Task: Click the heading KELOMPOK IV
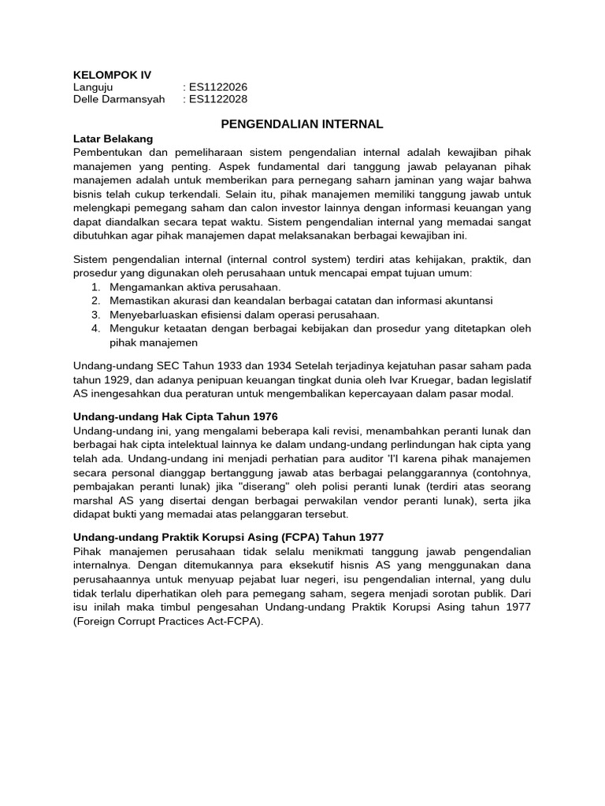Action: tap(111, 75)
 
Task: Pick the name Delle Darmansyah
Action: tap(119, 99)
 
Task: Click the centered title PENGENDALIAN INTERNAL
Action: tap(302, 124)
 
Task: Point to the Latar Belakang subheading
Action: tap(113, 139)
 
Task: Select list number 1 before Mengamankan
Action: tap(95, 287)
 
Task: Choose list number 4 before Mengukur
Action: tap(95, 329)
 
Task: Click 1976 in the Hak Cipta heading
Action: tap(262, 416)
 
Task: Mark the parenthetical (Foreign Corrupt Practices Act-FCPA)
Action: tap(167, 621)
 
